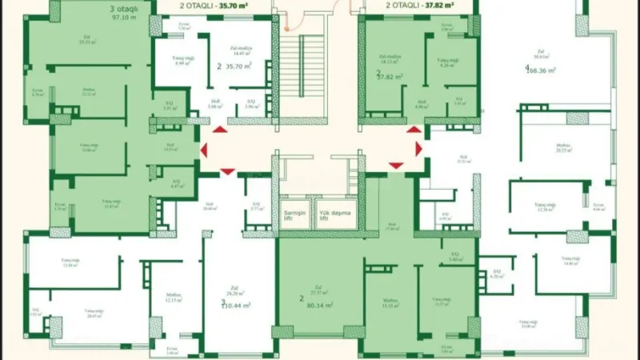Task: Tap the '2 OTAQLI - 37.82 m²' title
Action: click(x=420, y=4)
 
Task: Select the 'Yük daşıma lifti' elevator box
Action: click(x=334, y=216)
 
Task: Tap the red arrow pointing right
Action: click(x=418, y=149)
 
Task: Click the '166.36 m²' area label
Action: click(x=540, y=70)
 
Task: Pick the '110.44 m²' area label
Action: click(x=237, y=305)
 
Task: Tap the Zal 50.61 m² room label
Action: click(x=542, y=54)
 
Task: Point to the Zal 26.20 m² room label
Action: click(x=237, y=293)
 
